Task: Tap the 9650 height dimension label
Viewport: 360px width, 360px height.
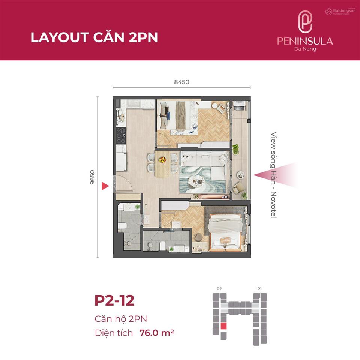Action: [x=92, y=177]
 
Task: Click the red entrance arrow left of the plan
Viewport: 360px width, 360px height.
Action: [x=105, y=186]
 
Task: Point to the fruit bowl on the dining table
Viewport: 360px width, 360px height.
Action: [x=162, y=159]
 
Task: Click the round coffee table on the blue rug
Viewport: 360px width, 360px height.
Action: [x=196, y=181]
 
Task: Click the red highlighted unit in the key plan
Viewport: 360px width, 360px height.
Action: [x=223, y=326]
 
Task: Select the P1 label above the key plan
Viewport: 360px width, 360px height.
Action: [x=259, y=288]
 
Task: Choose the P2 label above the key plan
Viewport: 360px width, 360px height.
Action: [x=219, y=288]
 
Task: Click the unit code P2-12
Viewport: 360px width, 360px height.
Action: [x=114, y=301]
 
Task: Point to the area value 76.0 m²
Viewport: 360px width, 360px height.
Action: [x=157, y=332]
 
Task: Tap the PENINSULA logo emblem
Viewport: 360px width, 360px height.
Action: [x=305, y=21]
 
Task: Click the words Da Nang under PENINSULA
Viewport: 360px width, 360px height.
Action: [x=305, y=49]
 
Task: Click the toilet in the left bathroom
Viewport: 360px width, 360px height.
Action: [x=121, y=225]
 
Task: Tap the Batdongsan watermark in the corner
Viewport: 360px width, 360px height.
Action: [x=340, y=11]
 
